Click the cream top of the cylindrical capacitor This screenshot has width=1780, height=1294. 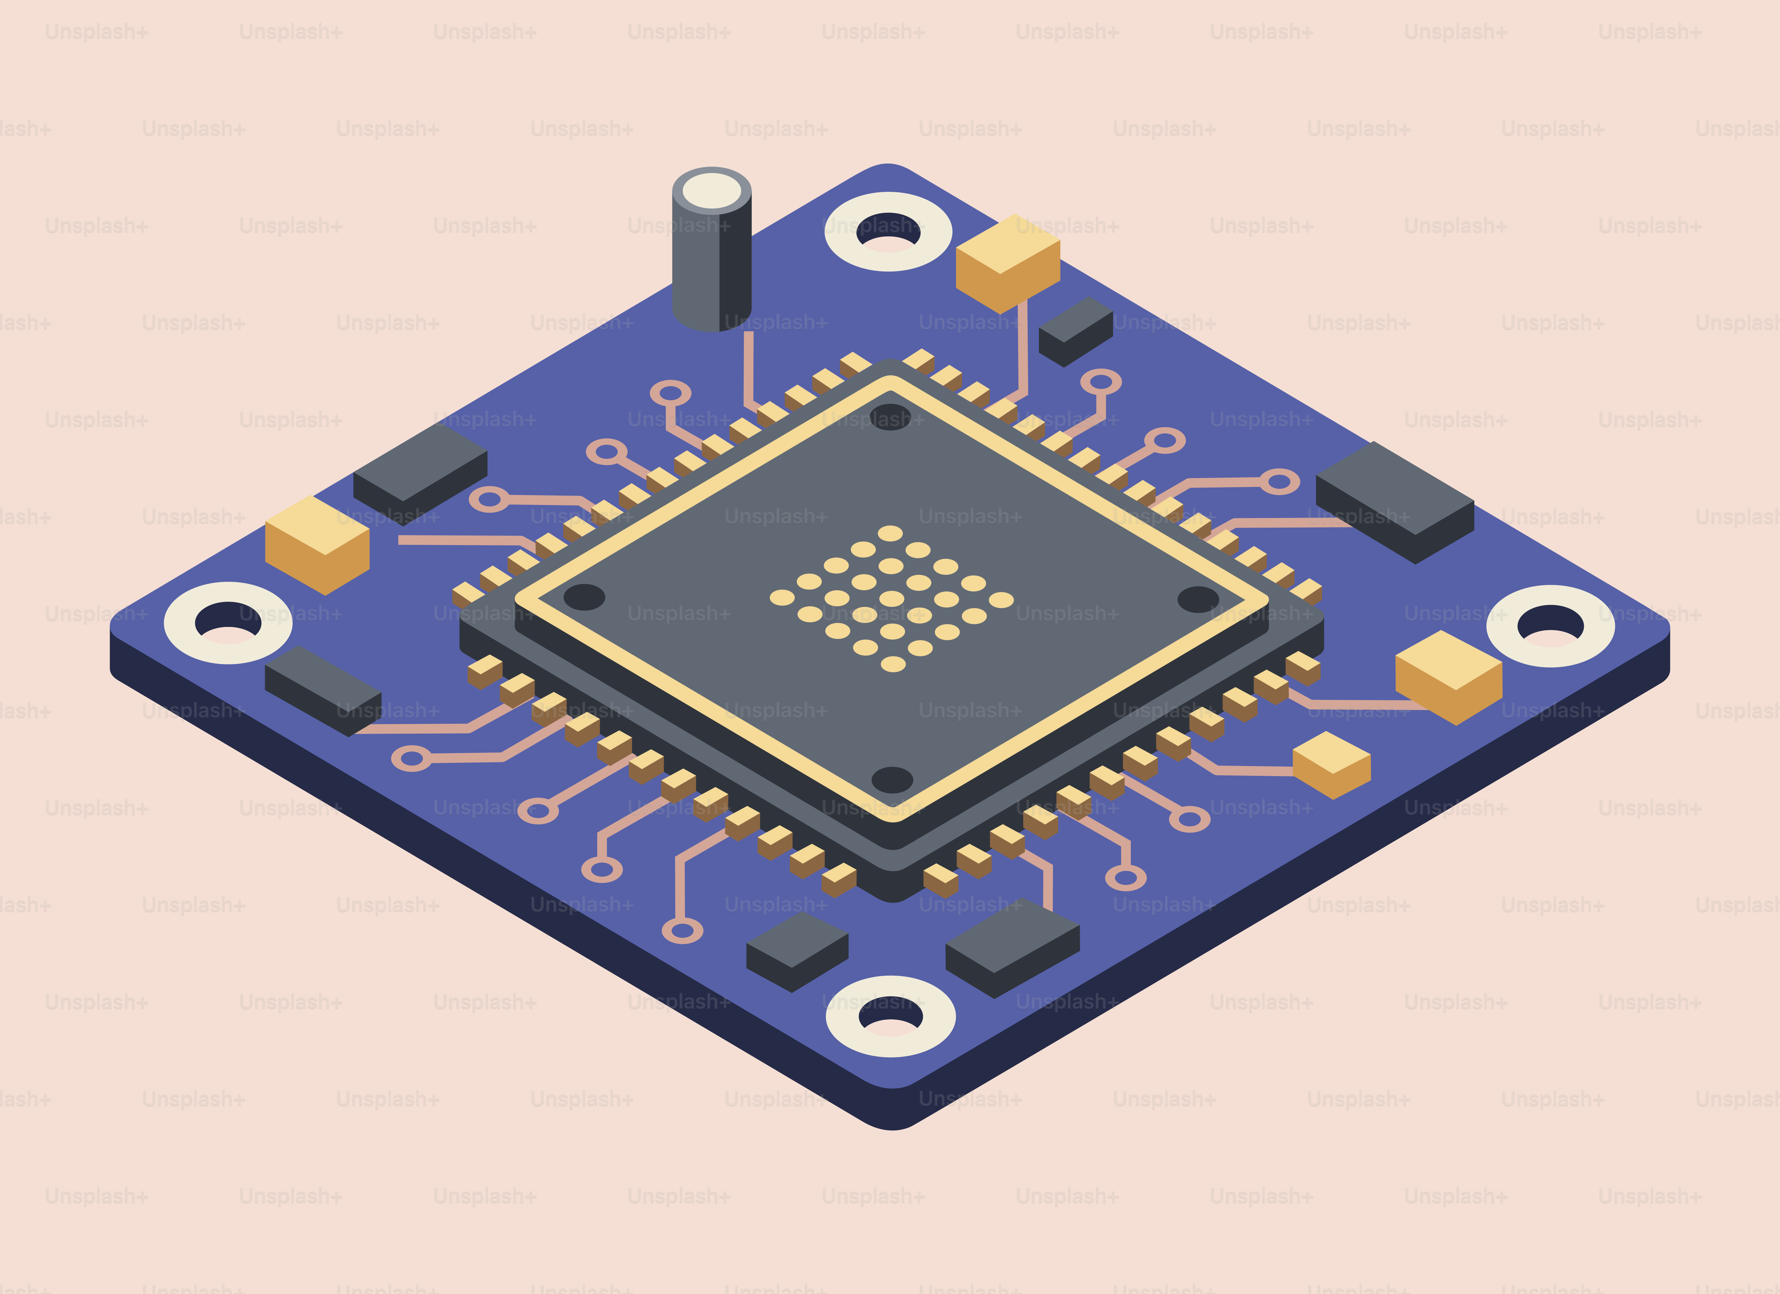711,191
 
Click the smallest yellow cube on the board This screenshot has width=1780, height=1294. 1331,763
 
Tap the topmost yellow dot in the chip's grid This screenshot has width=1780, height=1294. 890,533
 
